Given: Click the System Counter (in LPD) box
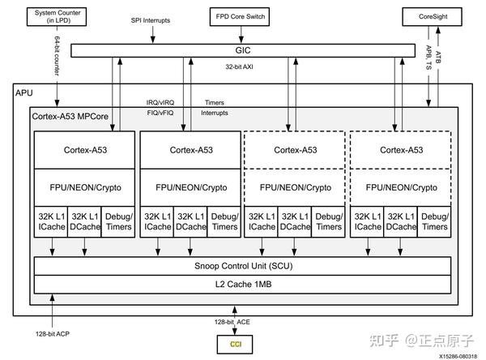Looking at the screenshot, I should coord(56,16).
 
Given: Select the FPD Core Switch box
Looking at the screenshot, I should coord(241,16).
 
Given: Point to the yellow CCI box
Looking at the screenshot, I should coord(236,344).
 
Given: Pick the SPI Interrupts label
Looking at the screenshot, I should coord(154,19).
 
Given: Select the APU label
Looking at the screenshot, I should coord(25,94).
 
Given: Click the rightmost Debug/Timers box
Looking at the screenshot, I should coord(434,221).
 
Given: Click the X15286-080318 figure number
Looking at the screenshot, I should coord(458,355).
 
